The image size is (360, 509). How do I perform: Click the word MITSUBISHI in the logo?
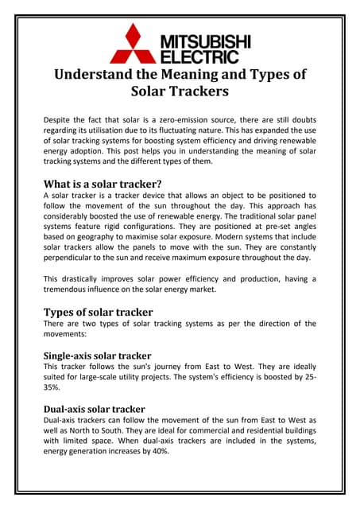click(205, 41)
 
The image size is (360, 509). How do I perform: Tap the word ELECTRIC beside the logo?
click(199, 56)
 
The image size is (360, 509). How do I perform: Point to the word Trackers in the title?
click(195, 92)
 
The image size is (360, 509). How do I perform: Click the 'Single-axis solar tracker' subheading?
click(97, 355)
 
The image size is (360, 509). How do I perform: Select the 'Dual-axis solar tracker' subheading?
click(94, 410)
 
